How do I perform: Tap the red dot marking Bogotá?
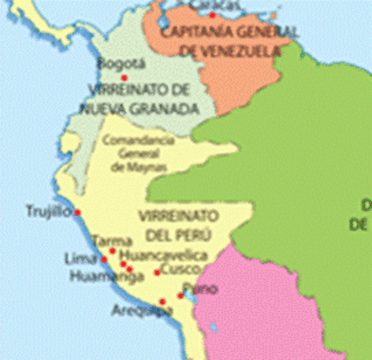click(x=124, y=77)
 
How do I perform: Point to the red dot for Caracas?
click(x=213, y=14)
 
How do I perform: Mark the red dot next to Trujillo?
click(x=76, y=213)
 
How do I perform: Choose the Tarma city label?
click(x=112, y=241)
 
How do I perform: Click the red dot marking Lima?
click(x=103, y=259)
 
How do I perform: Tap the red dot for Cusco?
click(x=157, y=272)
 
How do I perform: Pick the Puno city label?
click(x=205, y=289)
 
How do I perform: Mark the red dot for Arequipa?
click(x=162, y=301)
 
